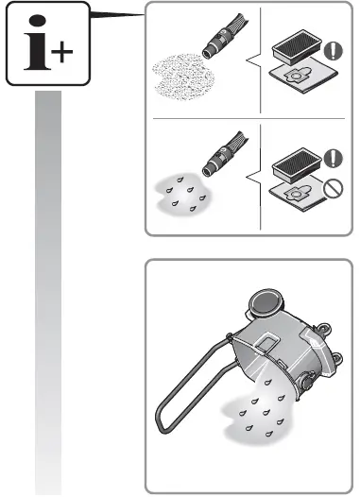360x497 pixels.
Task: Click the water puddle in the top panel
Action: pos(185,199)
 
